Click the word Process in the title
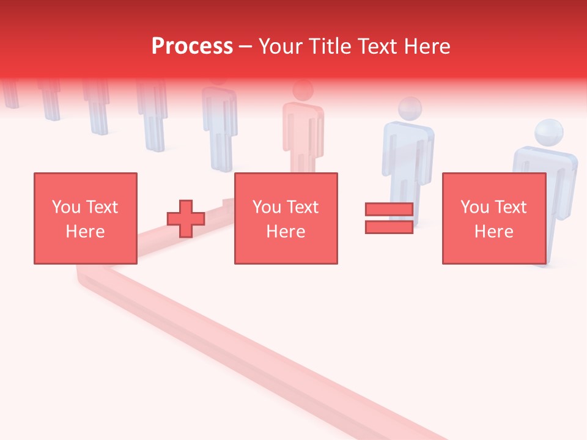click(192, 46)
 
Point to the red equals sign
click(389, 219)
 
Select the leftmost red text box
click(86, 219)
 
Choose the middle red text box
click(286, 219)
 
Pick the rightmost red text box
click(494, 219)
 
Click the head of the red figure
click(303, 90)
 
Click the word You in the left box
click(66, 207)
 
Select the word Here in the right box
click(494, 232)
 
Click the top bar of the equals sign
click(389, 210)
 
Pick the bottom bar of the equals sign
click(389, 227)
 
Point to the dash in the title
click(245, 46)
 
